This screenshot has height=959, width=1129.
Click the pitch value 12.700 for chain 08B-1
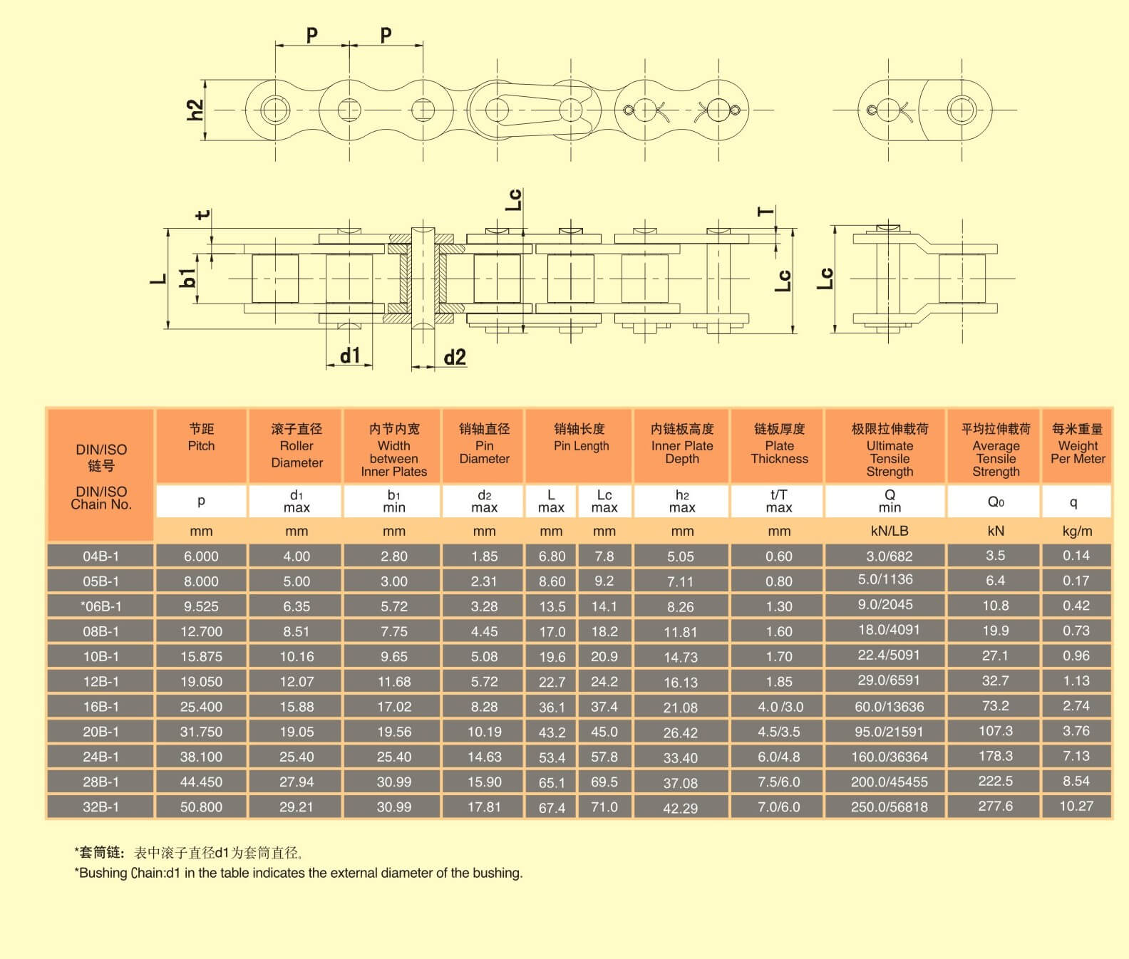pyautogui.click(x=201, y=631)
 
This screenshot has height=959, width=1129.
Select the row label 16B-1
pyautogui.click(x=100, y=706)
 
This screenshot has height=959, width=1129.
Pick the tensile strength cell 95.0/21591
pyautogui.click(x=890, y=731)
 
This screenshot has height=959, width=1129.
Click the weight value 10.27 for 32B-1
pyautogui.click(x=1076, y=806)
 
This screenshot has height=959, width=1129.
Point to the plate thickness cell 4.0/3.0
pyautogui.click(x=780, y=706)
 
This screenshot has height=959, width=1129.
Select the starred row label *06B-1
pyautogui.click(x=100, y=606)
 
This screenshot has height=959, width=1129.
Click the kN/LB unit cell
pyautogui.click(x=890, y=531)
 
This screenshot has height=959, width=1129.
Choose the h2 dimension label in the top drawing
pyautogui.click(x=195, y=110)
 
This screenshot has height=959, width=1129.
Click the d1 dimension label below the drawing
pyautogui.click(x=350, y=355)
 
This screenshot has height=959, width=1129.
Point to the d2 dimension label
pyautogui.click(x=455, y=357)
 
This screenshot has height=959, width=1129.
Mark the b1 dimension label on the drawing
pyautogui.click(x=187, y=278)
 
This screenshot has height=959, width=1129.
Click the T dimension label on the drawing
pyautogui.click(x=765, y=212)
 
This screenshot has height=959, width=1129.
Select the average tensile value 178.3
pyautogui.click(x=996, y=756)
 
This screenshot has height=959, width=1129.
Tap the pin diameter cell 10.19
pyautogui.click(x=484, y=731)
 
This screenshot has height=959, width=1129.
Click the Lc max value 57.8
pyautogui.click(x=604, y=756)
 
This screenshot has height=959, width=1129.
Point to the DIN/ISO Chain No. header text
pyautogui.click(x=101, y=497)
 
